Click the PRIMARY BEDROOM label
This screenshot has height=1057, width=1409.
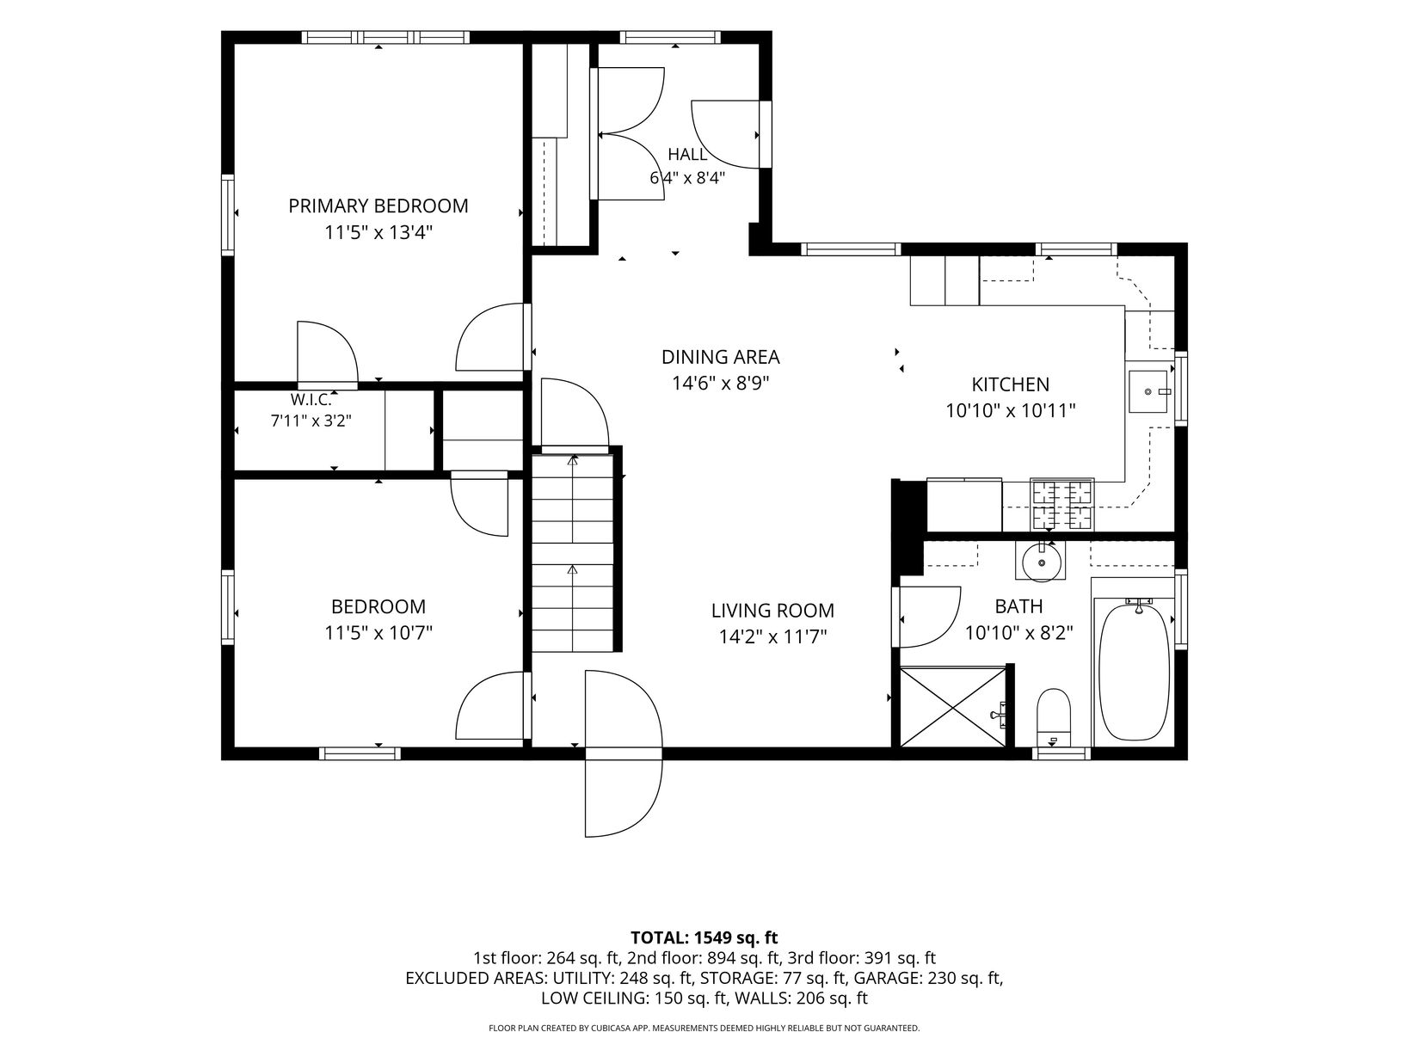pyautogui.click(x=378, y=206)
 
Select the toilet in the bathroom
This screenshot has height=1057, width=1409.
pyautogui.click(x=1054, y=717)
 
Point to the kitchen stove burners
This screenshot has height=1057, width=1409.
pyautogui.click(x=1061, y=505)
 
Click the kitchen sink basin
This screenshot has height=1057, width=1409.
pyautogui.click(x=1148, y=391)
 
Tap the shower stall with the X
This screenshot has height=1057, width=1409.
pyautogui.click(x=953, y=707)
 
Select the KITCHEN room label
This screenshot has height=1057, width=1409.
pyautogui.click(x=1011, y=384)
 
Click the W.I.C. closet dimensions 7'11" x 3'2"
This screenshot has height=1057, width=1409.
pyautogui.click(x=311, y=421)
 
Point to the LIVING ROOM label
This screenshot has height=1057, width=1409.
pyautogui.click(x=772, y=611)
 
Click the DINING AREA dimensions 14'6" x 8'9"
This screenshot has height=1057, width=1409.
pyautogui.click(x=720, y=383)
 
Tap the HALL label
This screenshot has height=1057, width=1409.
pyautogui.click(x=687, y=155)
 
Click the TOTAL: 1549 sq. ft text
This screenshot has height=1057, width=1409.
pyautogui.click(x=704, y=937)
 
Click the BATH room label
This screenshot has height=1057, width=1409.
pyautogui.click(x=1018, y=606)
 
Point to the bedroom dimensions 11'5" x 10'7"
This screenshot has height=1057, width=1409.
pyautogui.click(x=378, y=634)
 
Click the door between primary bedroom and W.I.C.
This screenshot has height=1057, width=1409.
pyautogui.click(x=328, y=353)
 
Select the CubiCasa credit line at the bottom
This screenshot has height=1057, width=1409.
pyautogui.click(x=704, y=1028)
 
